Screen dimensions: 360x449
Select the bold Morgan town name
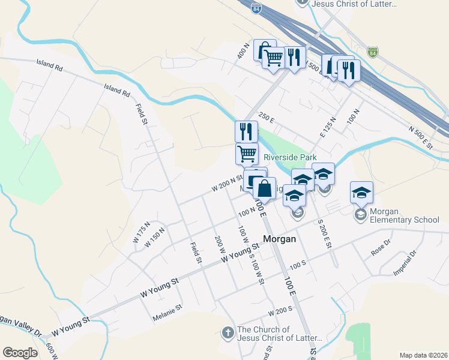(x=279, y=238)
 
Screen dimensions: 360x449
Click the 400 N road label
(x=243, y=52)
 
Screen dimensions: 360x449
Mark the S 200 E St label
(x=324, y=234)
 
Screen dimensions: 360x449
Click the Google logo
(x=20, y=353)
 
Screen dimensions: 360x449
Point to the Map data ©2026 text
(x=423, y=355)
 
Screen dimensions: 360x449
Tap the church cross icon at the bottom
(x=227, y=332)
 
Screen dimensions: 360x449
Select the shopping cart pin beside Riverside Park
(x=247, y=154)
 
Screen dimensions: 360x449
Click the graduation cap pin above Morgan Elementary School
(x=361, y=192)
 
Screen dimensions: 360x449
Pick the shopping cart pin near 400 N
(x=274, y=58)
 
